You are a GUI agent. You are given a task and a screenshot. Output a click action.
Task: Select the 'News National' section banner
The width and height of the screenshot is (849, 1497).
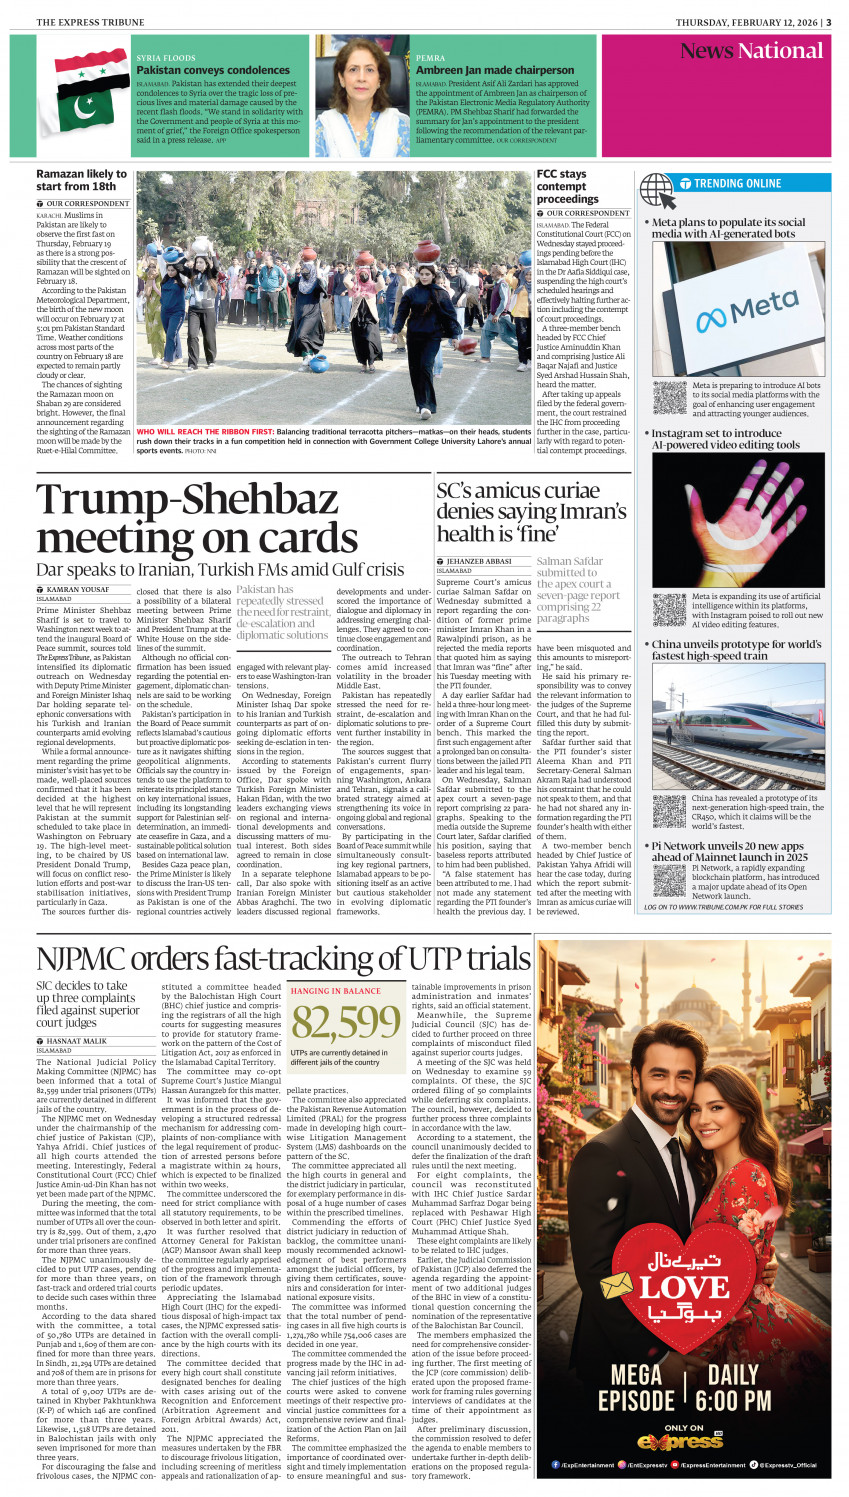tap(751, 51)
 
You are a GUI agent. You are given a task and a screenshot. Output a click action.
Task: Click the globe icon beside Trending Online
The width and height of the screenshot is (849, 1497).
tap(657, 187)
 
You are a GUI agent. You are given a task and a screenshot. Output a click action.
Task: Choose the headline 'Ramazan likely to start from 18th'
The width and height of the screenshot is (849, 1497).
tap(81, 180)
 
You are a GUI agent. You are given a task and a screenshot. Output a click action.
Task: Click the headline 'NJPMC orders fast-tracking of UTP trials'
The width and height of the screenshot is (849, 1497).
tap(283, 959)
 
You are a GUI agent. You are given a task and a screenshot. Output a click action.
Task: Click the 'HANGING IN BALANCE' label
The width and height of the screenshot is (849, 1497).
tap(335, 991)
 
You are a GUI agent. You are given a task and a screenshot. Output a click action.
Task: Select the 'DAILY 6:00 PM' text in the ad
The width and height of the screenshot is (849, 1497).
tap(735, 1388)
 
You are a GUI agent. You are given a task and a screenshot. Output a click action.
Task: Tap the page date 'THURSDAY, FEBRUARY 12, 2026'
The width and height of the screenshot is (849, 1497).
tap(745, 22)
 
